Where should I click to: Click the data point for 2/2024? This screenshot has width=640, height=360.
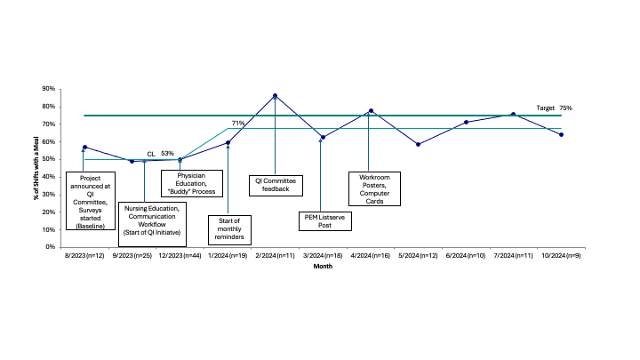click(275, 96)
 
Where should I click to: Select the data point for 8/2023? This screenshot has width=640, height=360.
click(85, 147)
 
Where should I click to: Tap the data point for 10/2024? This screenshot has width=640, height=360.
click(561, 135)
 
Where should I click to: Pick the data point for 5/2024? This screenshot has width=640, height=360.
click(419, 145)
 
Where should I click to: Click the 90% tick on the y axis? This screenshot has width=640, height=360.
click(48, 89)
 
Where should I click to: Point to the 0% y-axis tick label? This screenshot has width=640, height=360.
click(50, 247)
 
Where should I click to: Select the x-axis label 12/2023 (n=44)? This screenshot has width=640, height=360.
click(180, 255)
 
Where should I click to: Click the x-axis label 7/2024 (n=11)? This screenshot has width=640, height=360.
click(514, 255)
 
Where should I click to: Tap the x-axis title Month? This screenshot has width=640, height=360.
click(323, 266)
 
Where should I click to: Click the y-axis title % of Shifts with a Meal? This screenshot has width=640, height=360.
click(36, 168)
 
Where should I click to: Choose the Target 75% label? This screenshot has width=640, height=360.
click(555, 108)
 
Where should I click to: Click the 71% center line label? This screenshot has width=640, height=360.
click(238, 123)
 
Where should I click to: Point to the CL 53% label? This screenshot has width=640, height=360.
click(160, 154)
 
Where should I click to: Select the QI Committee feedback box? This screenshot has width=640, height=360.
click(276, 185)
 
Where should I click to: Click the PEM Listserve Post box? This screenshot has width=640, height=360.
click(325, 221)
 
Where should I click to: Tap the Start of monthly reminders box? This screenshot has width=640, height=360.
click(229, 230)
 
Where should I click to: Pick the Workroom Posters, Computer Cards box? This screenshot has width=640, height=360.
click(374, 189)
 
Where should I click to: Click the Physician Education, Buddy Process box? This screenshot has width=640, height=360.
click(192, 184)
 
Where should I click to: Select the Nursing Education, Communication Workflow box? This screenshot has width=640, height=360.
click(152, 225)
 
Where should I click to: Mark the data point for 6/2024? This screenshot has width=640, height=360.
click(466, 122)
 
